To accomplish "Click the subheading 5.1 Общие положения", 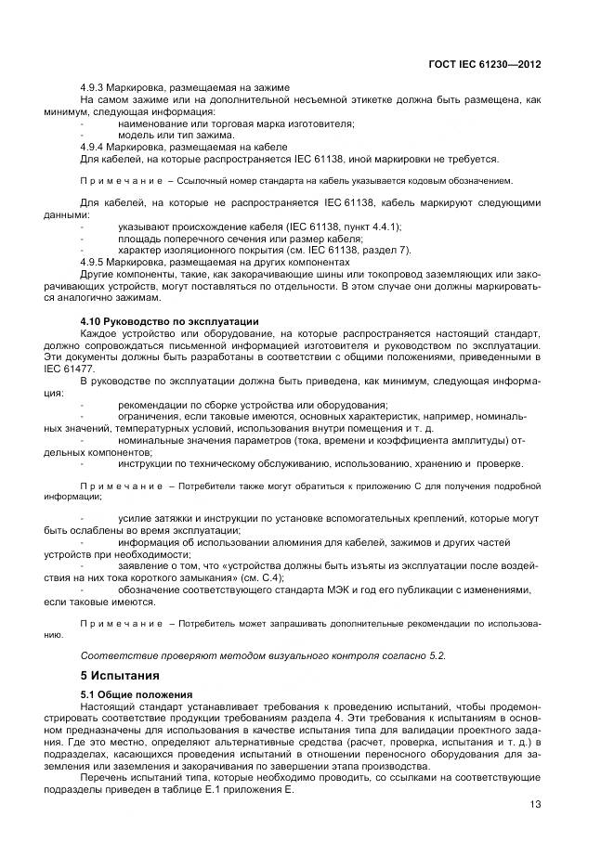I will pyautogui.click(x=137, y=693).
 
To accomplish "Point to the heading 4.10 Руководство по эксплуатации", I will pyautogui.click(x=169, y=321).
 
